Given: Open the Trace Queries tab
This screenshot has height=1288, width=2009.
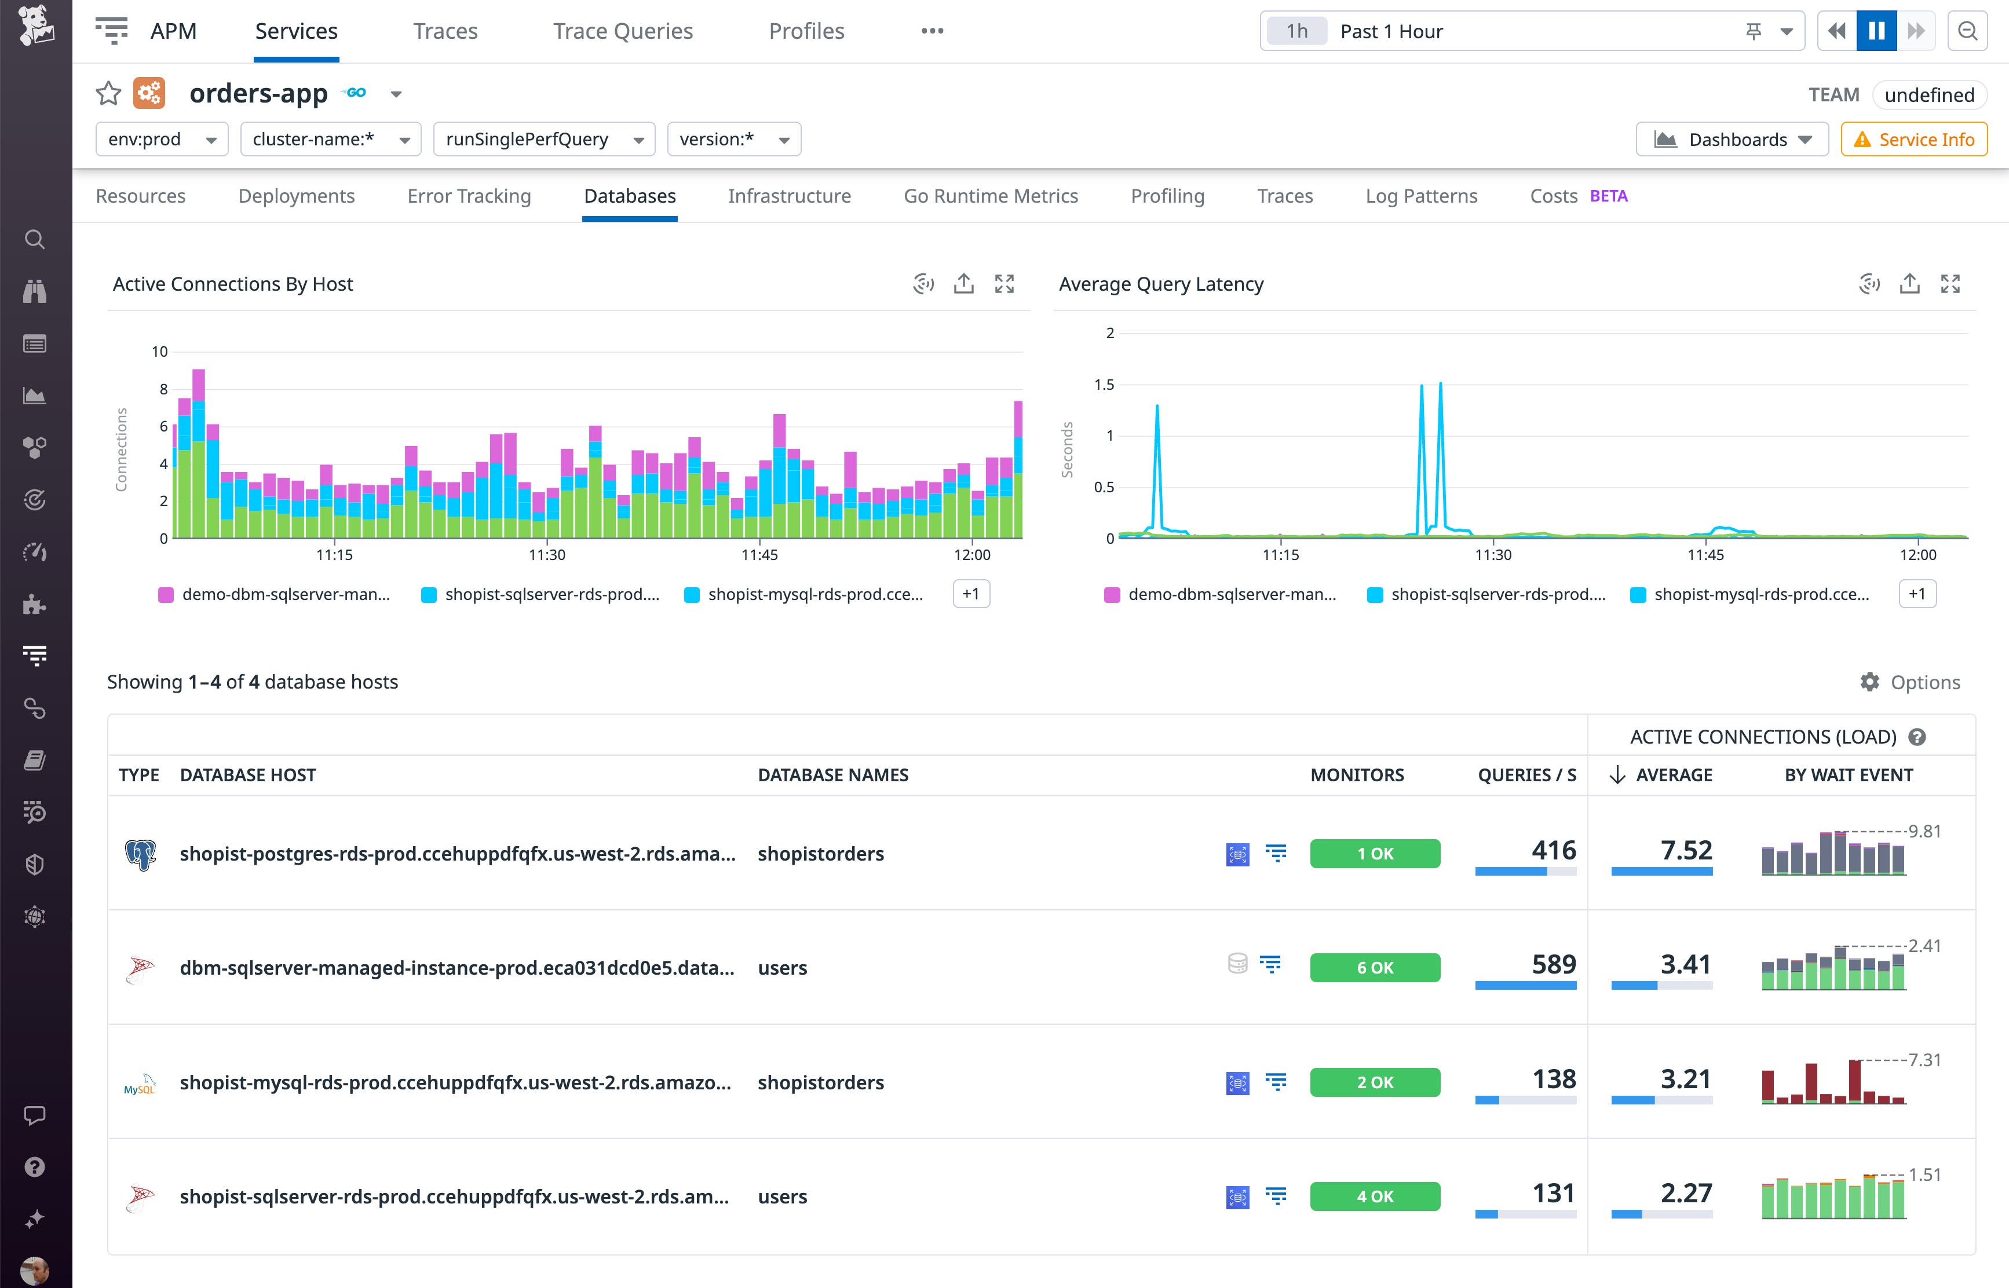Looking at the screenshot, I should click(x=622, y=31).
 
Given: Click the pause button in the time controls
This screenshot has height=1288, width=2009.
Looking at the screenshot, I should click(x=1876, y=31).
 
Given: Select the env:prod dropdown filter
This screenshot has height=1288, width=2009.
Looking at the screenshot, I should click(x=162, y=139).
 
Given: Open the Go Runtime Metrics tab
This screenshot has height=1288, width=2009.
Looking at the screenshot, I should click(x=990, y=196).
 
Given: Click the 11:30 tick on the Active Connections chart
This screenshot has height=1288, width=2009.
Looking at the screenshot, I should click(x=547, y=554).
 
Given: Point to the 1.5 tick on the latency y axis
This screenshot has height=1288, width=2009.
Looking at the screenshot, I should click(x=1104, y=385).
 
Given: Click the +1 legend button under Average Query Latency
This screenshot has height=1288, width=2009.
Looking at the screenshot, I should click(x=1917, y=594).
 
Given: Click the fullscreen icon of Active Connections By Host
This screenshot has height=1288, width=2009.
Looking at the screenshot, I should click(x=1004, y=284).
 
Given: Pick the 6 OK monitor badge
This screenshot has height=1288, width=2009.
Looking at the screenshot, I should click(x=1374, y=968).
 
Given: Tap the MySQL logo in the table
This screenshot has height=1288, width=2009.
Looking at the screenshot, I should click(x=140, y=1084).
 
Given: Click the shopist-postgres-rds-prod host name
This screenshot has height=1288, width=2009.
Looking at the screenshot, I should click(x=456, y=854).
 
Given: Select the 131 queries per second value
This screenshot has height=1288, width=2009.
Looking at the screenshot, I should click(x=1553, y=1194).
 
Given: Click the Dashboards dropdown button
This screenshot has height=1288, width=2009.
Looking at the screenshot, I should click(x=1732, y=139).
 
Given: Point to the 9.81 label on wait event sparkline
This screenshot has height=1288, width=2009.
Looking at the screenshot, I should click(x=1924, y=831).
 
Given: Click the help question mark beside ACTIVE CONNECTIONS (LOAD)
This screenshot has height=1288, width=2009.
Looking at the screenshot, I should click(x=1917, y=737).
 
